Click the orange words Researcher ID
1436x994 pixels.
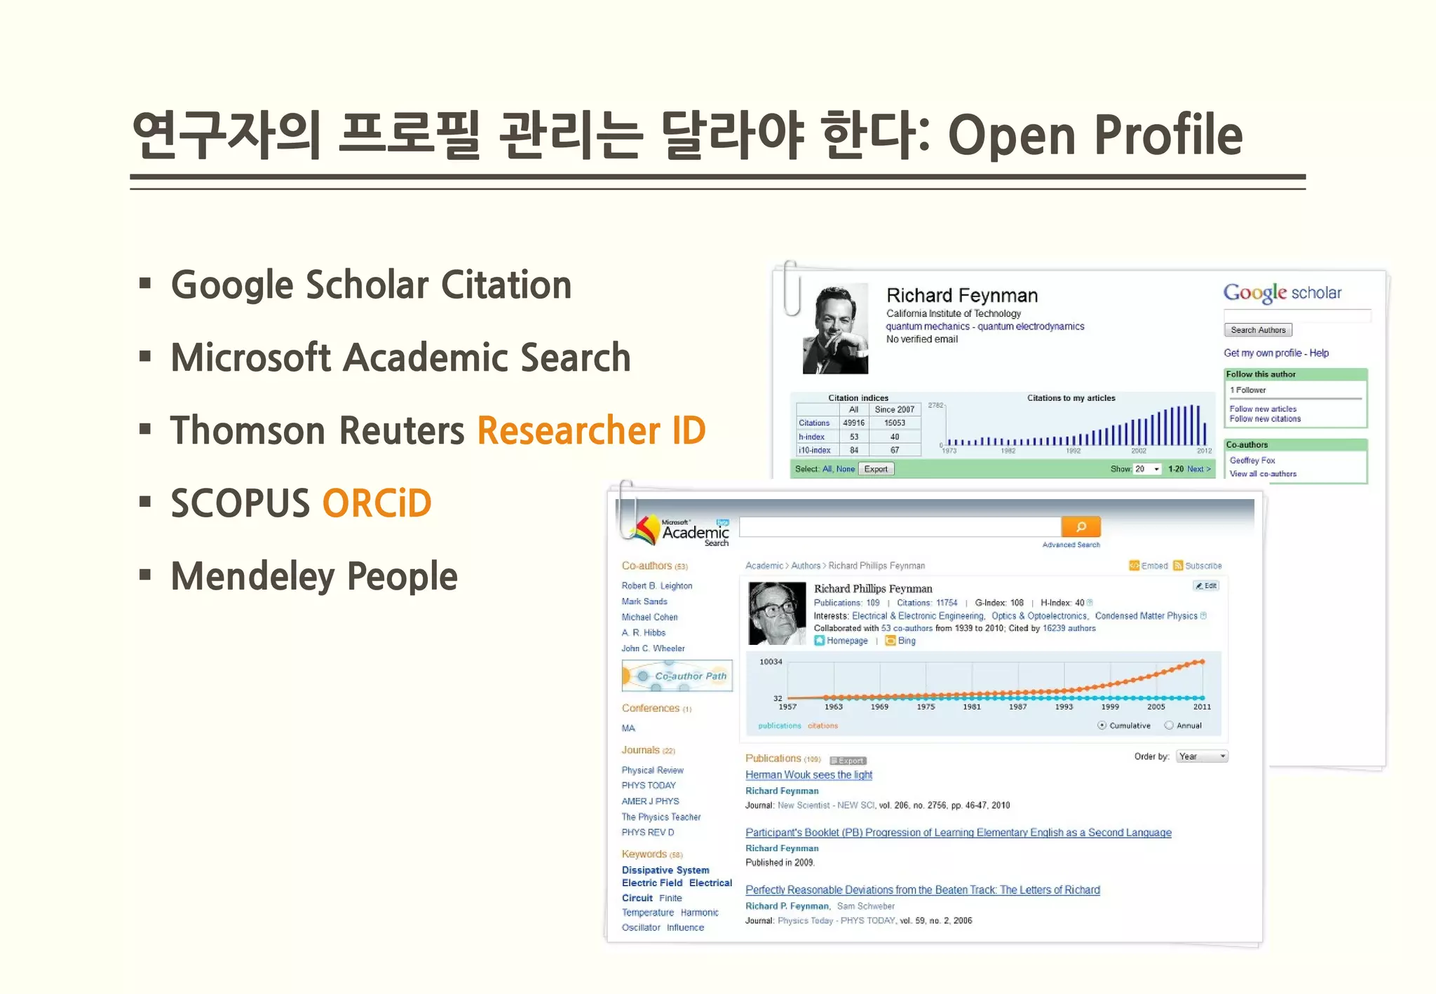[591, 430]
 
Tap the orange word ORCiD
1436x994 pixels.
[377, 503]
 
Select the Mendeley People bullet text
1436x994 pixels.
[313, 576]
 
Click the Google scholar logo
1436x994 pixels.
[1282, 293]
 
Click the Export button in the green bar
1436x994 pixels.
[876, 469]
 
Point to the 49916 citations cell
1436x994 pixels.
[853, 423]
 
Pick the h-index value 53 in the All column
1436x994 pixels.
[853, 437]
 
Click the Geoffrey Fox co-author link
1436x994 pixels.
[1252, 461]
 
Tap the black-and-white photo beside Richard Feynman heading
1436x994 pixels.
[835, 329]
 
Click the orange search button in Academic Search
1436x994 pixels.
[1081, 526]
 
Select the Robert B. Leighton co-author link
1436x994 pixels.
[656, 586]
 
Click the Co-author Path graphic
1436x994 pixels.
[677, 676]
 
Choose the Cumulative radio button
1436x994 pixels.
[1102, 726]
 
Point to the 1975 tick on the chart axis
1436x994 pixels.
[926, 707]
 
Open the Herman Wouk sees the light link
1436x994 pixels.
[808, 775]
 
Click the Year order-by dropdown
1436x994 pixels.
[1202, 756]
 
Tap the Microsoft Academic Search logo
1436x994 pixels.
[681, 533]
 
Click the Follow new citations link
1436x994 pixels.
[1264, 419]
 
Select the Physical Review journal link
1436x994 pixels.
[652, 770]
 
